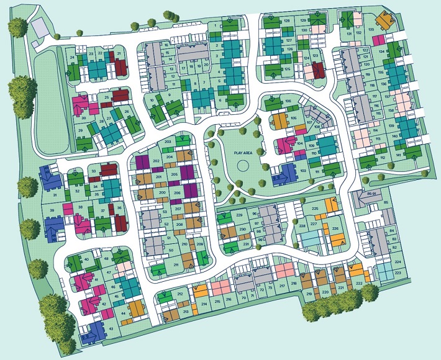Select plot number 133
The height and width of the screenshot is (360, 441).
[371, 29]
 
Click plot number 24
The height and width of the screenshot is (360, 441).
[73, 58]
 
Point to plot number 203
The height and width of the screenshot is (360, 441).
[168, 142]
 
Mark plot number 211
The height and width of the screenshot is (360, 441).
[176, 265]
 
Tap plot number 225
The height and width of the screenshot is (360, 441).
[315, 209]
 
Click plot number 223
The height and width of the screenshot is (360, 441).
[398, 272]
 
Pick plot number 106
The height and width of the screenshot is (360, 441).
[288, 101]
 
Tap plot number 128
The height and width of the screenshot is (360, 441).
[286, 20]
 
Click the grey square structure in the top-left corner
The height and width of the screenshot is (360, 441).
[39, 27]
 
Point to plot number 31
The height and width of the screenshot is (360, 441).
[55, 195]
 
